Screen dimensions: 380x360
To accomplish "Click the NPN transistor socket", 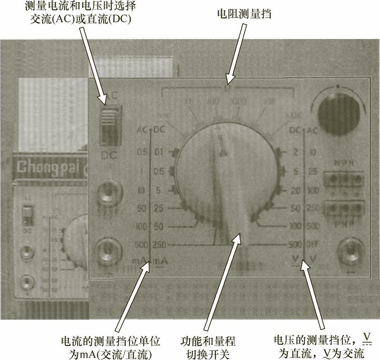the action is pyautogui.click(x=344, y=179).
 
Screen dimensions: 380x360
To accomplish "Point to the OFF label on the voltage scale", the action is pyautogui.click(x=314, y=245).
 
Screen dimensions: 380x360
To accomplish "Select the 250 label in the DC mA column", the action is pyautogui.click(x=160, y=245).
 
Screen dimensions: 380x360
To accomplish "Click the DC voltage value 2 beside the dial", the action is pyautogui.click(x=295, y=152).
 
